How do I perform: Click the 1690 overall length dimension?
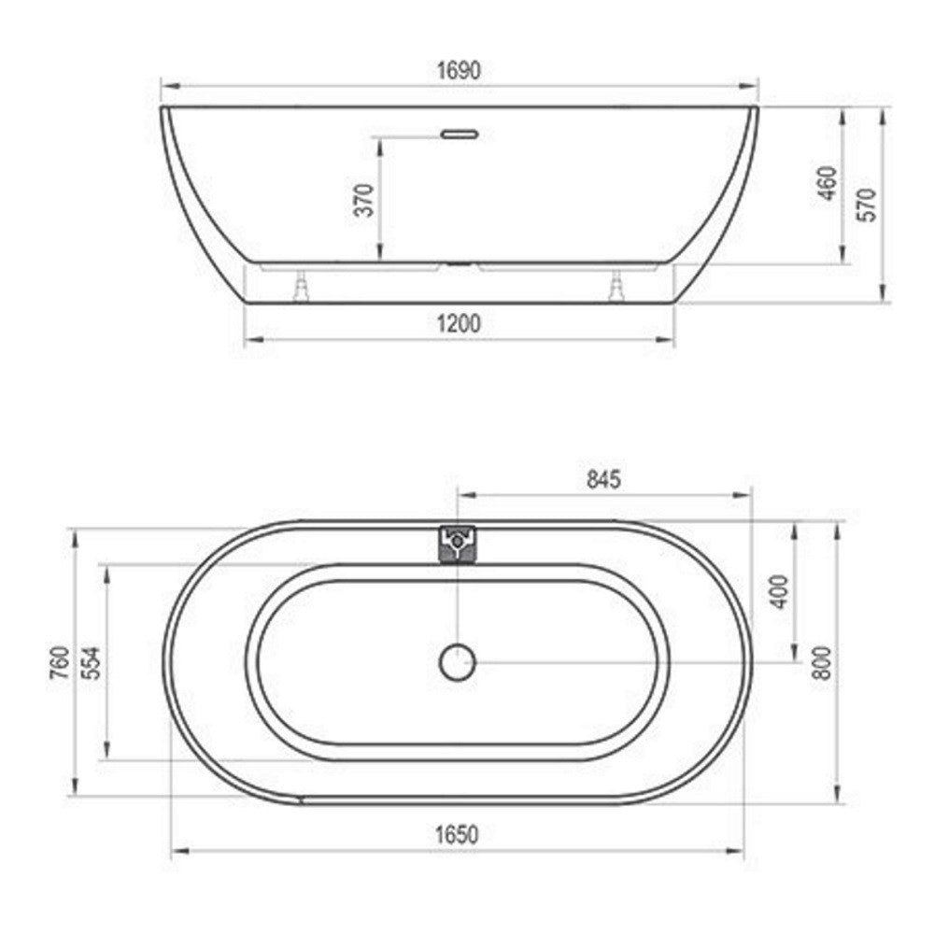pyautogui.click(x=459, y=70)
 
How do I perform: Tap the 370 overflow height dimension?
pyautogui.click(x=364, y=200)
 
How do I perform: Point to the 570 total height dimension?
pyautogui.click(x=867, y=205)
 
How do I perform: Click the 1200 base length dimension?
pyautogui.click(x=458, y=324)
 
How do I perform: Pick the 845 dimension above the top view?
pyautogui.click(x=603, y=479)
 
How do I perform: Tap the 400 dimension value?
pyautogui.click(x=780, y=591)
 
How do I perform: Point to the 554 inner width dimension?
pyautogui.click(x=92, y=663)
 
